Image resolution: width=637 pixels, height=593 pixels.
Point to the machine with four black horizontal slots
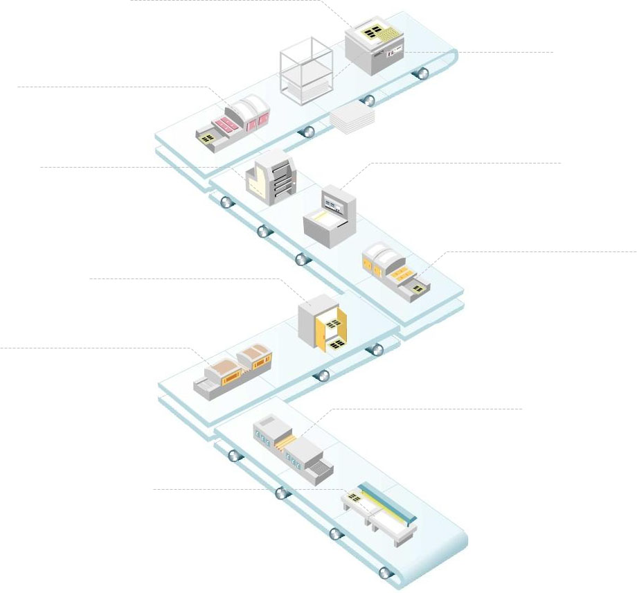[272, 179]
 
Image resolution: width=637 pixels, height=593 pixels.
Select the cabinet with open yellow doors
[322, 322]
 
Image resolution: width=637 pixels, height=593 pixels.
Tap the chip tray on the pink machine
[207, 139]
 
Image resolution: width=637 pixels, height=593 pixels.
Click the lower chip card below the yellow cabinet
[337, 344]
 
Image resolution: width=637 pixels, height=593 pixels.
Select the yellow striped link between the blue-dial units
[288, 443]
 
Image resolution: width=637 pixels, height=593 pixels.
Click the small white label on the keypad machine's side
[391, 53]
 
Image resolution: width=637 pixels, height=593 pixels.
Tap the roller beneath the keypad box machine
[420, 72]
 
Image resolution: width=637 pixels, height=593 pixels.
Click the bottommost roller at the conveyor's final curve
[386, 572]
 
